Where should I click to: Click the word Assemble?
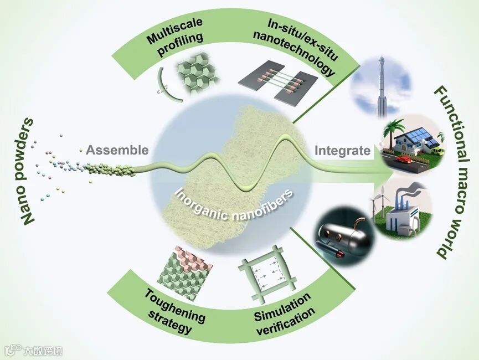117,150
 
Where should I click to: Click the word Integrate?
342,150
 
